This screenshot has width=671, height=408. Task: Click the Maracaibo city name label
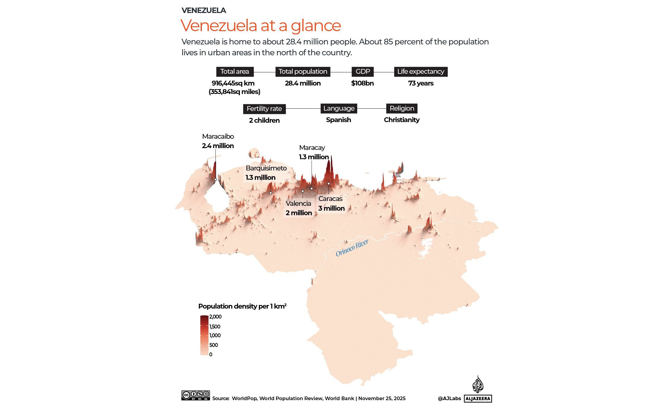218,137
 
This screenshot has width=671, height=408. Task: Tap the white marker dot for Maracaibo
216,180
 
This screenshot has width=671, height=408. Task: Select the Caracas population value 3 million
331,208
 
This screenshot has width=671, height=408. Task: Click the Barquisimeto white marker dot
271,193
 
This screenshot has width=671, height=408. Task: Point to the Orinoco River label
352,248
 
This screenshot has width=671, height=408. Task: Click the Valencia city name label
298,203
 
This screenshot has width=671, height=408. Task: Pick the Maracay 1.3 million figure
314,157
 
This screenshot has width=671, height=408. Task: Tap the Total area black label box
235,72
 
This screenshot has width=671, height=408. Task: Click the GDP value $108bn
362,83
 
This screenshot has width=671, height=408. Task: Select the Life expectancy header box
421,72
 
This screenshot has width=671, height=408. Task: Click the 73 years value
421,83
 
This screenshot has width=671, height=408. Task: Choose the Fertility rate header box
264,109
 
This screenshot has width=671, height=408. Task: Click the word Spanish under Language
339,120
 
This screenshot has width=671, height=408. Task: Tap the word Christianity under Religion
402,120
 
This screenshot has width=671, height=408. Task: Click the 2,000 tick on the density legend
215,317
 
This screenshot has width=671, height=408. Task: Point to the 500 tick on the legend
213,345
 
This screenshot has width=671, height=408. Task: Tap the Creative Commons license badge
196,395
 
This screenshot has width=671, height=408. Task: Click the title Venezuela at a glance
261,25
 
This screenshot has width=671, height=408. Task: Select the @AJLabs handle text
449,399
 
